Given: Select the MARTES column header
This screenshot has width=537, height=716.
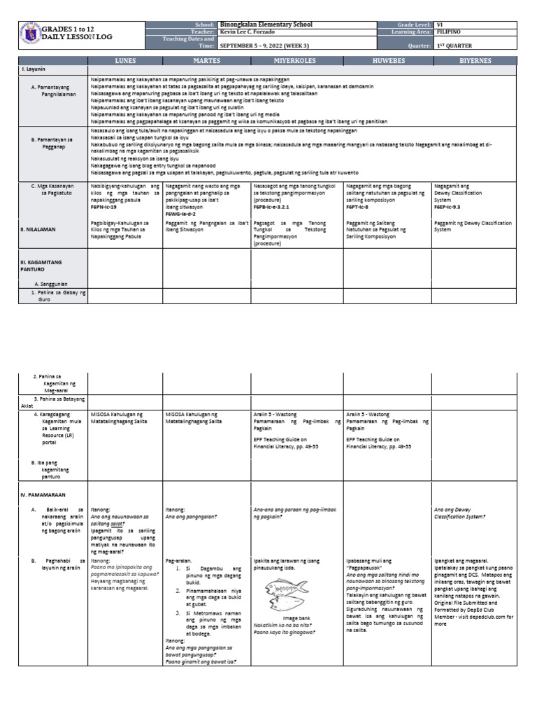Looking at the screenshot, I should (x=207, y=62).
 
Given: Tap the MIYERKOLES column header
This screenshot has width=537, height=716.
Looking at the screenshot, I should (x=297, y=62).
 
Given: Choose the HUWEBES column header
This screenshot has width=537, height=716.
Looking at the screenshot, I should (x=387, y=62).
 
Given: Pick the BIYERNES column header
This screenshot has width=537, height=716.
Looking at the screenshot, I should (x=475, y=62).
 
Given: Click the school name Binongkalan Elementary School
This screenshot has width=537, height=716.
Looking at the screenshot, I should (x=266, y=24).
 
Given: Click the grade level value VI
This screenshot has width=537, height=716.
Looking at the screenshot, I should (x=440, y=24).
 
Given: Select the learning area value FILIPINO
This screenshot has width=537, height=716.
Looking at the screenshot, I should (x=448, y=31).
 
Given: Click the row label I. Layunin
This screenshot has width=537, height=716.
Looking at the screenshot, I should (x=34, y=71).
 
